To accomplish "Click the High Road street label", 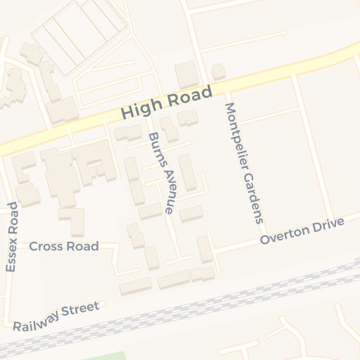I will tap(166, 103).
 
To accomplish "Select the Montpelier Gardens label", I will tap(243, 162).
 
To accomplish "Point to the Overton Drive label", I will tap(302, 231).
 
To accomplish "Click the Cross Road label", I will tap(64, 247).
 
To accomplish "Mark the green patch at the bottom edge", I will tap(105, 356).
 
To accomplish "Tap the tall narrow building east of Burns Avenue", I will tap(187, 172).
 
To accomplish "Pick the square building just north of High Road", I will tap(187, 75).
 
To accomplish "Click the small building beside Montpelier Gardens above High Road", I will tap(219, 71).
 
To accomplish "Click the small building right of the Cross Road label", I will tap(135, 236).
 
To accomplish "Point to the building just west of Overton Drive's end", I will tap(205, 249).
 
